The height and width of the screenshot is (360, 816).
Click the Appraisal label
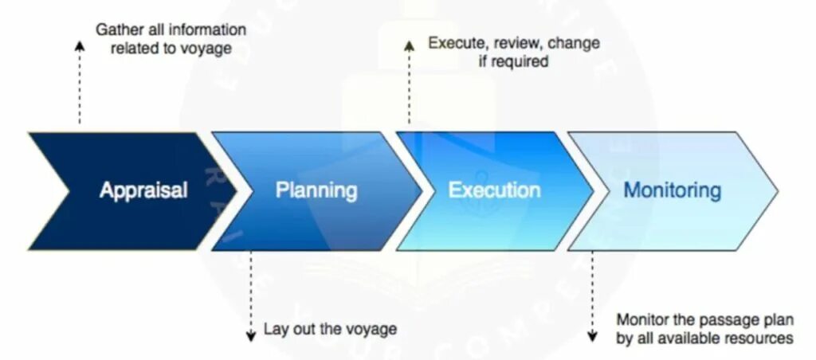[x=143, y=190]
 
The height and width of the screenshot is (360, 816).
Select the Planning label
[x=316, y=190]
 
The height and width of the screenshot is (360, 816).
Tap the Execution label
[x=494, y=190]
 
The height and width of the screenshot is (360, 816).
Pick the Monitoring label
[x=672, y=190]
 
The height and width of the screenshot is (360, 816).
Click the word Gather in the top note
[x=119, y=29]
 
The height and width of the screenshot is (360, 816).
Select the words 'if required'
[x=513, y=61]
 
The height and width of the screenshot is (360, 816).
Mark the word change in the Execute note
[x=574, y=42]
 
